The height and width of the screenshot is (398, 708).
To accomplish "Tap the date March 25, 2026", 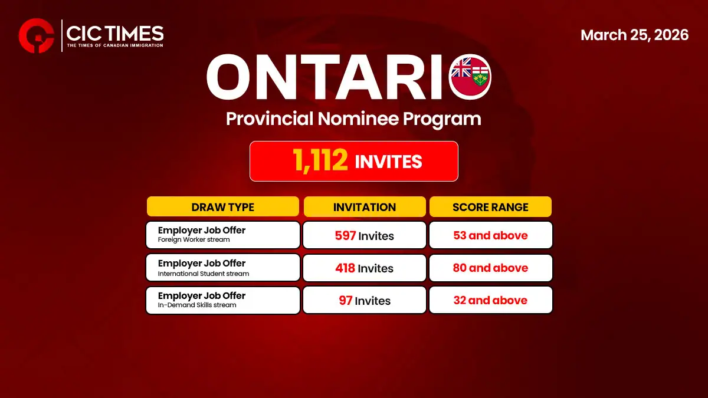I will pos(634,35).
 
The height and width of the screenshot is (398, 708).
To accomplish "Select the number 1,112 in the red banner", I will pos(320,161).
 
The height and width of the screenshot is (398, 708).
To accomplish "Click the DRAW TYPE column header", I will pos(222,207).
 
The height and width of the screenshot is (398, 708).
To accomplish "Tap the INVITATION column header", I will pos(364,207).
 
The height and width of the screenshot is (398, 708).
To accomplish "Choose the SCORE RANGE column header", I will pos(490,207).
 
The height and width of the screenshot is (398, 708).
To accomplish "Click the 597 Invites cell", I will pos(364,235).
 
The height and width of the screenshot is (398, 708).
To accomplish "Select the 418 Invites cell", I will pos(364,268).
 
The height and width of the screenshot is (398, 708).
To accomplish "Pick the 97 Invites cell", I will pos(364,300).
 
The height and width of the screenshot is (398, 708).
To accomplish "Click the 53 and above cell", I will pos(490,235).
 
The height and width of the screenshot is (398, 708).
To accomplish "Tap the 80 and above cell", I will pos(490,268).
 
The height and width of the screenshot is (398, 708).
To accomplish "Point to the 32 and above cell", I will pos(490,300).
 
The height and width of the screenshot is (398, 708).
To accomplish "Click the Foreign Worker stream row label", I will pos(194,240).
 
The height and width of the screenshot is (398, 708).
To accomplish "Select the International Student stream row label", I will pos(204,274).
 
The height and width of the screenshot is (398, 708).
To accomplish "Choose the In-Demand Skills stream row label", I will pos(197,305).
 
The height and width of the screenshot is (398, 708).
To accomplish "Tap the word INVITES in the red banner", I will pos(388,162).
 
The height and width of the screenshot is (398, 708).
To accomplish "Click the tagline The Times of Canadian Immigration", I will pos(114,45).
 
